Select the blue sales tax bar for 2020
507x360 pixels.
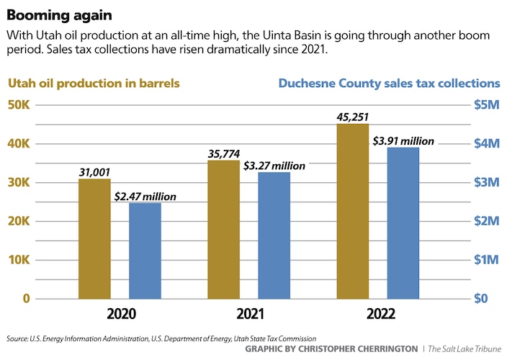(x=145, y=250)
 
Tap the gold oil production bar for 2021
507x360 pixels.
(x=223, y=229)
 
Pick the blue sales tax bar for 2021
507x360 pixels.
(x=274, y=235)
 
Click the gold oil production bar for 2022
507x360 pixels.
(x=353, y=210)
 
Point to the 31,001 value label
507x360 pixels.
(x=94, y=171)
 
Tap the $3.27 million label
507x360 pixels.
(x=274, y=166)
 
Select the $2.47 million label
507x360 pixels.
(x=145, y=196)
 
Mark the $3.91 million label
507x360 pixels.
(x=404, y=141)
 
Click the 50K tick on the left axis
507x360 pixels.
(x=19, y=105)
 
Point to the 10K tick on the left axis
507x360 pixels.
(x=19, y=260)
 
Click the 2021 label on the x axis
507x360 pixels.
(x=248, y=315)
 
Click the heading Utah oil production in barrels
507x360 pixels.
(x=94, y=84)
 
